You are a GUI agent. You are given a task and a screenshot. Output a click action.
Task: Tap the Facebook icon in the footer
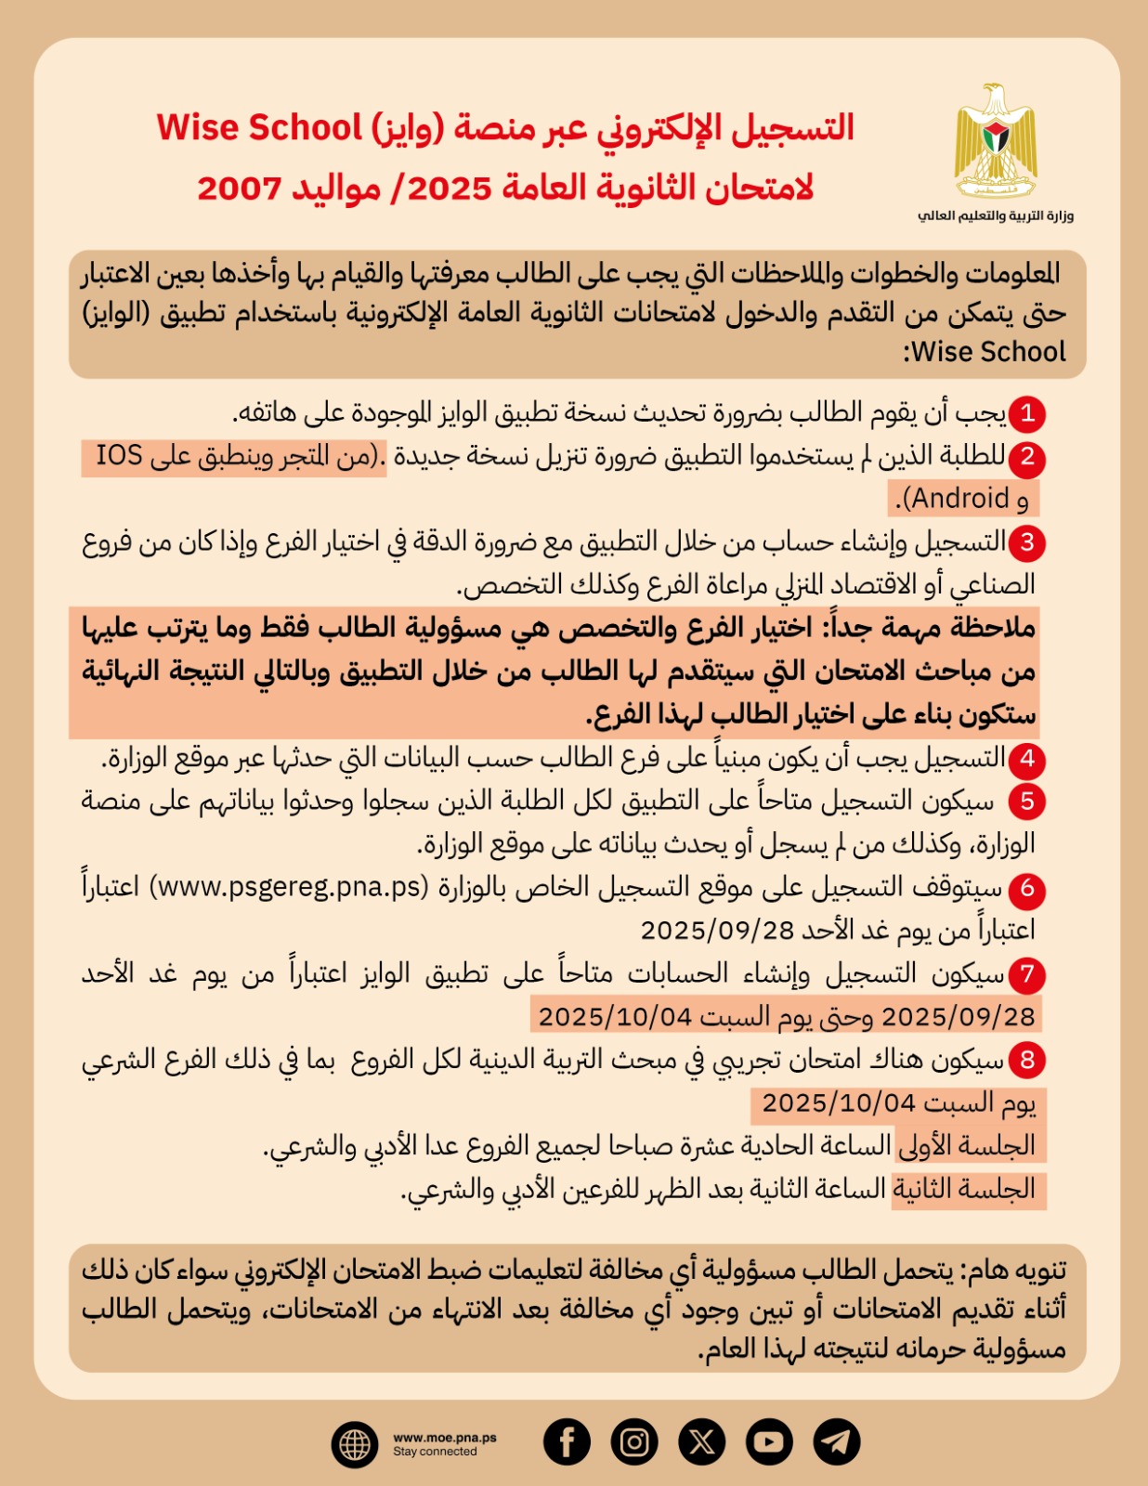[567, 1441]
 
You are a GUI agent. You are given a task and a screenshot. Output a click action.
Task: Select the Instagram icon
[634, 1441]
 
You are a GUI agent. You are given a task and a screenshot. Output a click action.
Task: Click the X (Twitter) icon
[702, 1441]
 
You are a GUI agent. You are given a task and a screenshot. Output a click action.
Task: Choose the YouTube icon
[769, 1441]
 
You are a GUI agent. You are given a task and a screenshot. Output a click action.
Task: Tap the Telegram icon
[837, 1441]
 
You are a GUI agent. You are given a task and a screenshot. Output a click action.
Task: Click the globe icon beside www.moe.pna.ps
[355, 1444]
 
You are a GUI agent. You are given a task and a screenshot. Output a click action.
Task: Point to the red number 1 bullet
[1026, 413]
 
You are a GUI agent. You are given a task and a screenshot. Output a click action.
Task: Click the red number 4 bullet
[1026, 760]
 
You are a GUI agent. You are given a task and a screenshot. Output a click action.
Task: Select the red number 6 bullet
[1026, 889]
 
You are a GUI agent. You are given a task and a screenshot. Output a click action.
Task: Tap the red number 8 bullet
[1026, 1061]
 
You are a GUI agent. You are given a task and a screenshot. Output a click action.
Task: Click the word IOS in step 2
[120, 455]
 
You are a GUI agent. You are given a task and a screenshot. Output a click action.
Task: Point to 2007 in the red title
[239, 189]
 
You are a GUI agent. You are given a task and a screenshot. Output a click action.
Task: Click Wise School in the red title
[259, 127]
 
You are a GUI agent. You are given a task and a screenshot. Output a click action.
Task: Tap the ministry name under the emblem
[996, 215]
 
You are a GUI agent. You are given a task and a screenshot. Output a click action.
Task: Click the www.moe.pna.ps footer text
[445, 1437]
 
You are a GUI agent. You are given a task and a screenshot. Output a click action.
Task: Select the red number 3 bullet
[1026, 542]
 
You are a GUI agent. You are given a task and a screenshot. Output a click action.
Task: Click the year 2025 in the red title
[450, 189]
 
